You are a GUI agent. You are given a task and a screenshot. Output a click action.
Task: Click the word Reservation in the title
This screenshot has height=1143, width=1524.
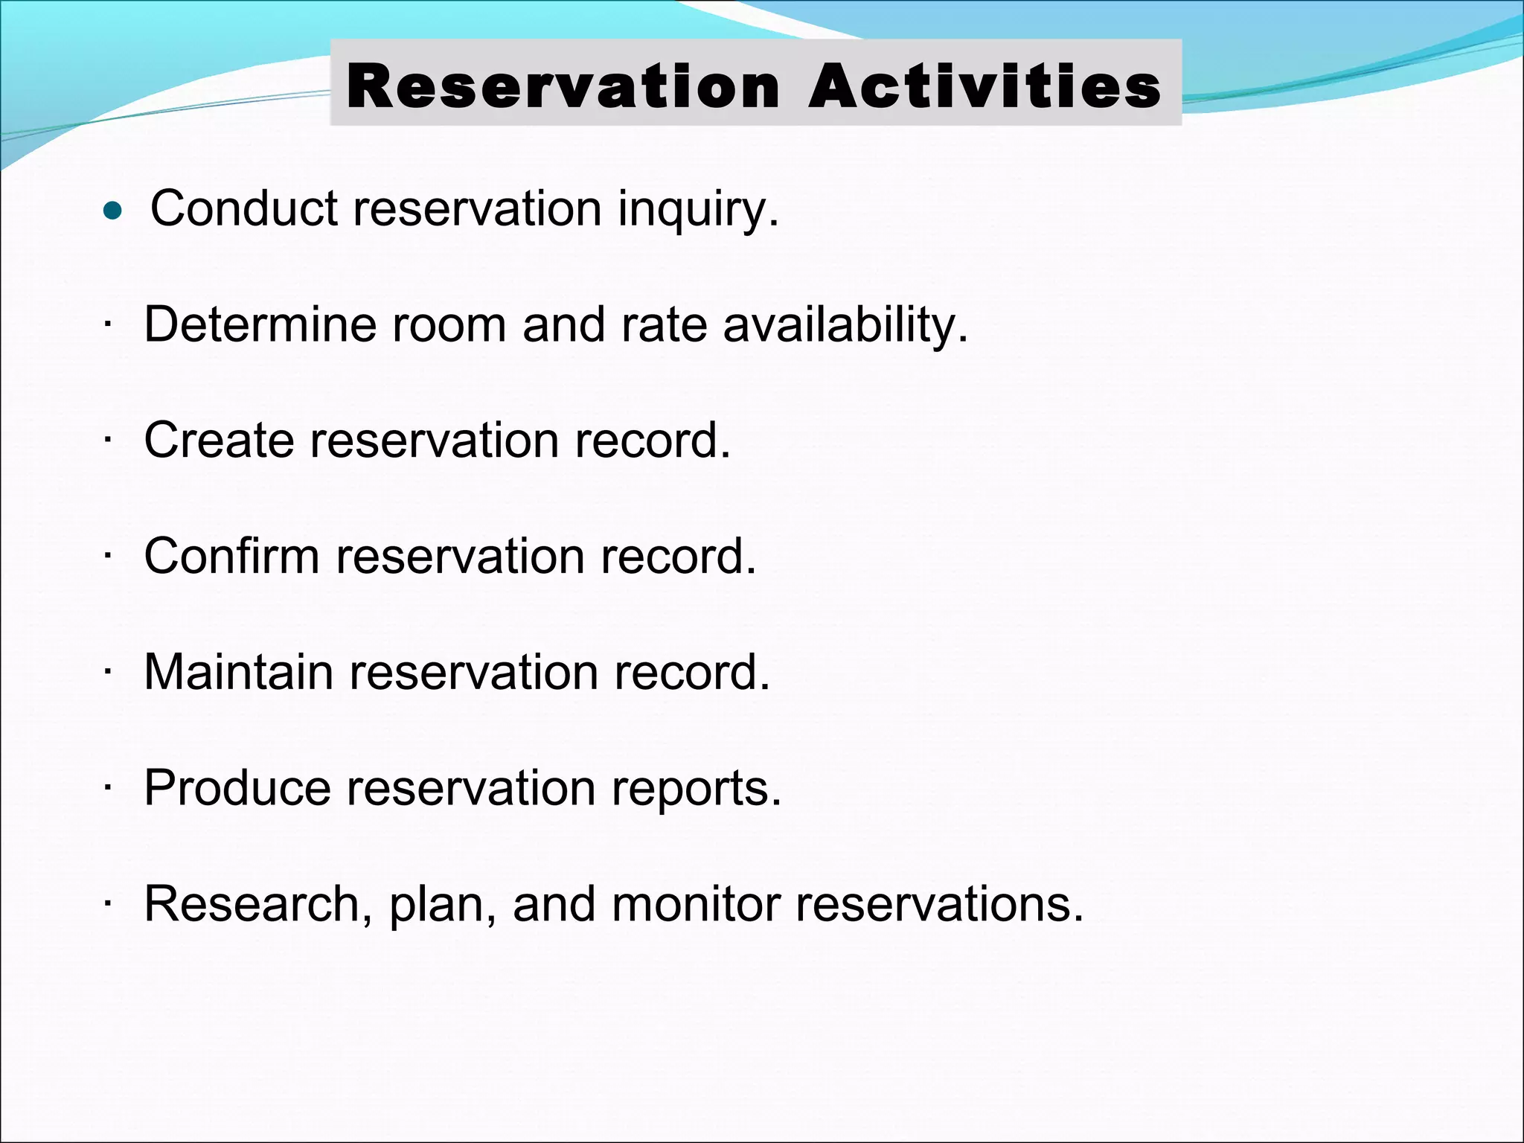pos(563,86)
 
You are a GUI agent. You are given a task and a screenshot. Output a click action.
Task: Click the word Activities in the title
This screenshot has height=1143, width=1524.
pos(984,86)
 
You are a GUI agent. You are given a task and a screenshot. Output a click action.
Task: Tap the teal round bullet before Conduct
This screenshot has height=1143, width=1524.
pos(112,211)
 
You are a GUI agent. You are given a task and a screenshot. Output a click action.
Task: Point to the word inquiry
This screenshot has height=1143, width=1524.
pos(698,210)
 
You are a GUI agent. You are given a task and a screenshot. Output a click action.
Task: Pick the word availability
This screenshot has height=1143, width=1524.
pos(845,326)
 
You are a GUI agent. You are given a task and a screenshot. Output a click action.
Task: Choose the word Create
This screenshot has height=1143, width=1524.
pos(219,441)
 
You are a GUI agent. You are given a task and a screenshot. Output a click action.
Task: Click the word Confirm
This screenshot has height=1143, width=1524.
pos(231,556)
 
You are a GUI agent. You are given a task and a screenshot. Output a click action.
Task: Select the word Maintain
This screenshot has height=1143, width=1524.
pos(238,672)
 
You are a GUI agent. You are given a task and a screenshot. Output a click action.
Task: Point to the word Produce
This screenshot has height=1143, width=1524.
pos(237,788)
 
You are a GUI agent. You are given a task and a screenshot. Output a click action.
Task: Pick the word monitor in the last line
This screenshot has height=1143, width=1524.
pos(695,904)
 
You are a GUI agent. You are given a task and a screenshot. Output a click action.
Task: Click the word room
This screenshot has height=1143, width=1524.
pos(449,326)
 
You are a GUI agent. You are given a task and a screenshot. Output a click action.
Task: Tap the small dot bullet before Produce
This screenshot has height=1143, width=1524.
pos(108,789)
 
